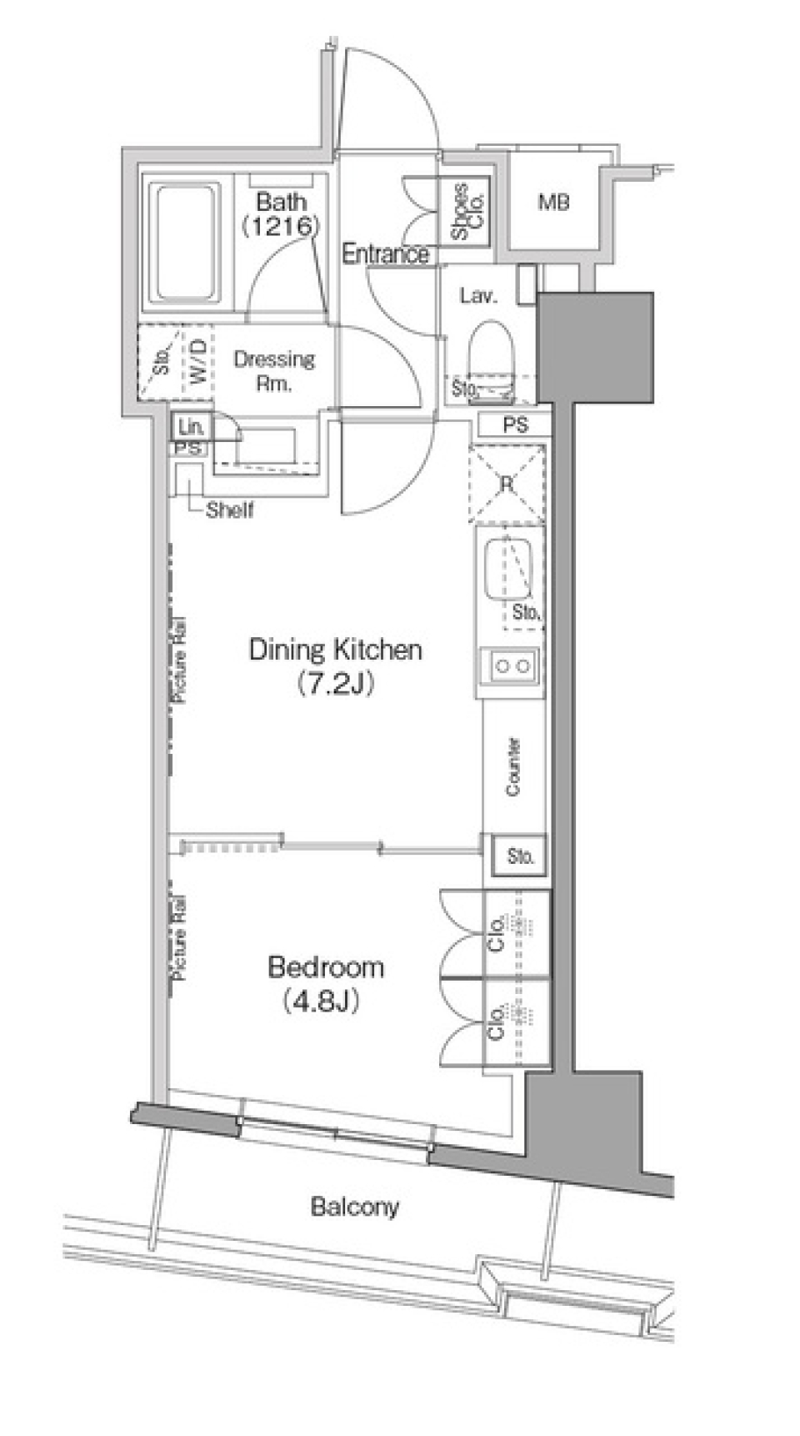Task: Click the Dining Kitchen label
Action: point(336,650)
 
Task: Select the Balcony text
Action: point(355,1206)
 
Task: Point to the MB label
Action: point(554,201)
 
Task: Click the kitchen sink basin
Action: point(508,570)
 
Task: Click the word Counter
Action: point(513,766)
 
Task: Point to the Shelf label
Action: point(229,510)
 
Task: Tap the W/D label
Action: point(198,361)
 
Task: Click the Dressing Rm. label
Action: point(274,371)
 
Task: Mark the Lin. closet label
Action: point(192,427)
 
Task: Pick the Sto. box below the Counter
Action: point(521,856)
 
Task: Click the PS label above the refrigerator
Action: point(516,425)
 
